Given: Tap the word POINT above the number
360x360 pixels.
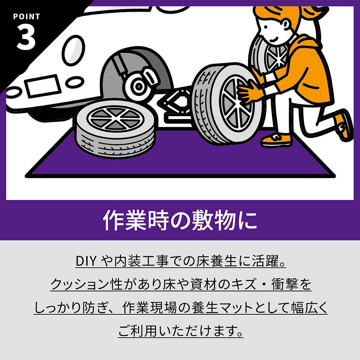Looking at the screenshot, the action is [27, 17].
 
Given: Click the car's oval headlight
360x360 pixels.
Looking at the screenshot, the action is [74, 51].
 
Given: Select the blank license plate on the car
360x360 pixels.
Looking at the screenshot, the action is [43, 85].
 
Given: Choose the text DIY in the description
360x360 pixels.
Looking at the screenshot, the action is [86, 261].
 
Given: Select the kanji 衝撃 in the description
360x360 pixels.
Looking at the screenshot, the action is [285, 284].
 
